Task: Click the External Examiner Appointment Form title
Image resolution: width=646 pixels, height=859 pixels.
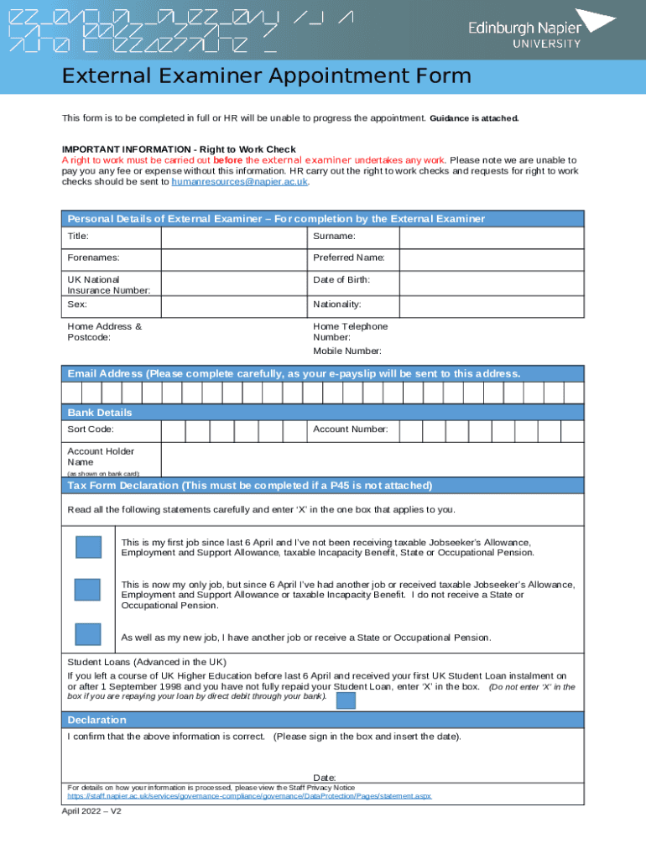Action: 266,77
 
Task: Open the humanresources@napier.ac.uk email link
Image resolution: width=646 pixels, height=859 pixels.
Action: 240,181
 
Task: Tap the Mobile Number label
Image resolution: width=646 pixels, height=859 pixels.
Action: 347,351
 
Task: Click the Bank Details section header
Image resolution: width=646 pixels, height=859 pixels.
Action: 100,413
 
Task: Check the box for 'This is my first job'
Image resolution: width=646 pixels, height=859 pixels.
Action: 88,547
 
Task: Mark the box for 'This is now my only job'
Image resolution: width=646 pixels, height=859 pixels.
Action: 87,589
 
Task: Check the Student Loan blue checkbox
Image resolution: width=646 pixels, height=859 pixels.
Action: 346,700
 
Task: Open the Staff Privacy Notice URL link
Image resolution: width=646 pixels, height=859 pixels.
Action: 249,795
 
